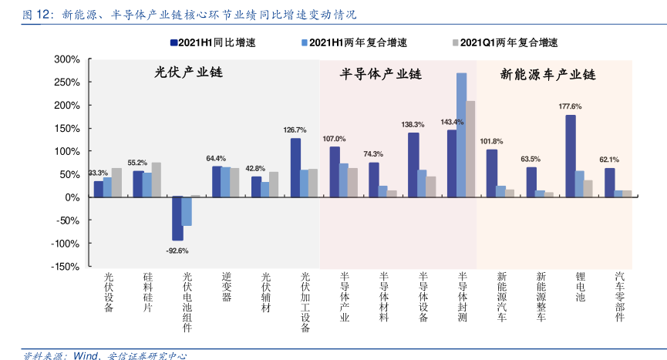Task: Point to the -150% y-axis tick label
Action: coord(66,267)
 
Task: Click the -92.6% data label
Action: coord(177,251)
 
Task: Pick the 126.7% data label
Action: coord(295,130)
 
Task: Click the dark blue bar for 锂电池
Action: coord(570,156)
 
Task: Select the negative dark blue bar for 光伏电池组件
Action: coord(177,218)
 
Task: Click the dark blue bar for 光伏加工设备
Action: coord(295,167)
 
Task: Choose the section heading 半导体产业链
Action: coord(381,75)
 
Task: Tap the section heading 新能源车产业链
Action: coord(548,75)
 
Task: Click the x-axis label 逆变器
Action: coord(226,287)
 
